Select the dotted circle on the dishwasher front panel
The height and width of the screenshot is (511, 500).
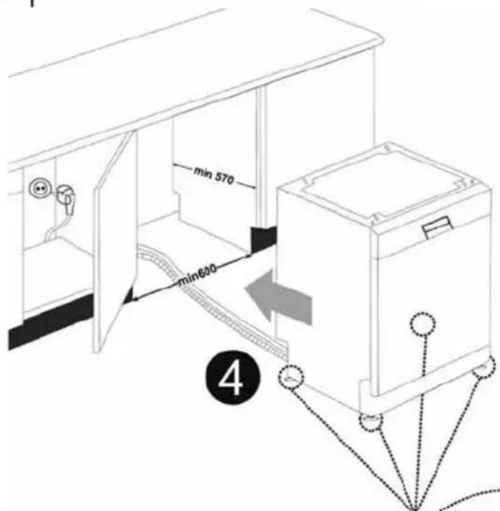422,324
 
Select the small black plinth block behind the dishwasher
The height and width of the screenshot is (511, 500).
264,238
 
